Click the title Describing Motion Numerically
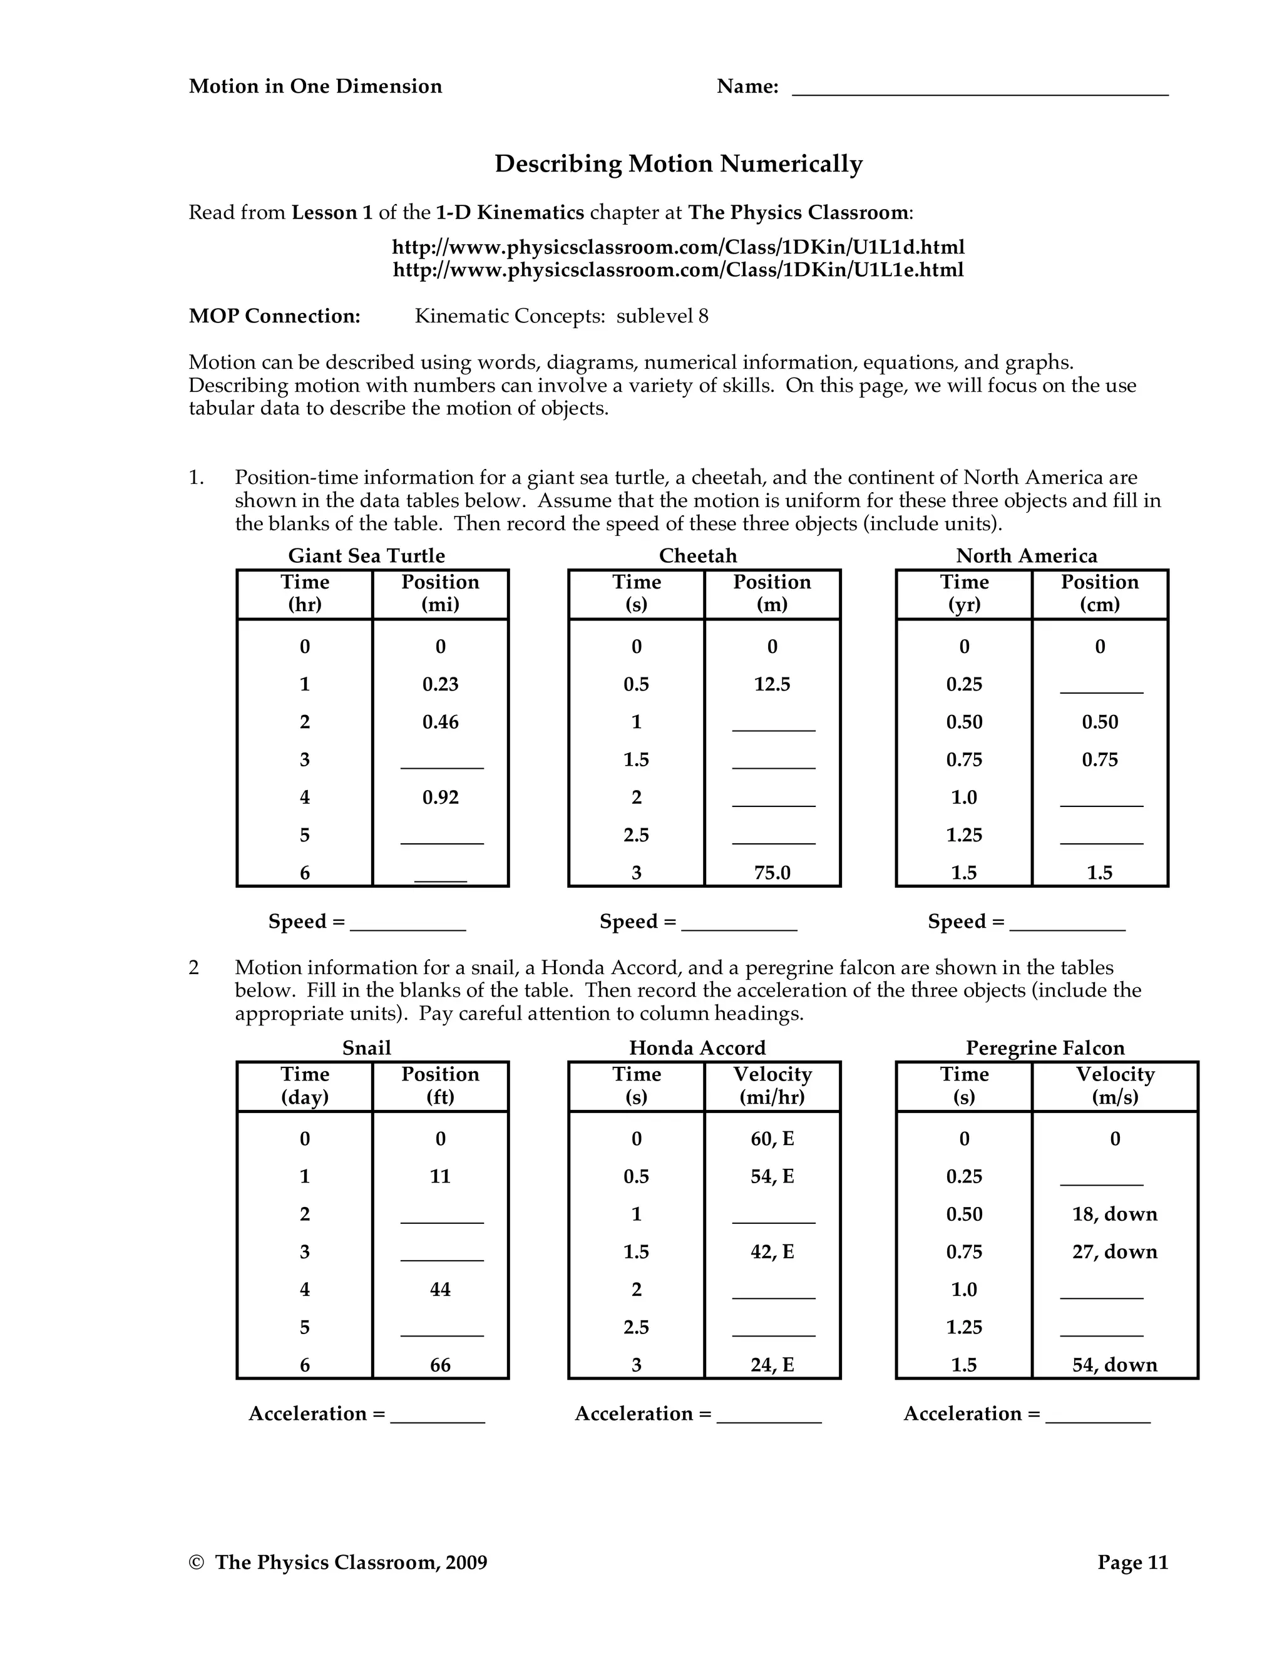[x=678, y=164]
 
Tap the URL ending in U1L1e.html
[x=678, y=270]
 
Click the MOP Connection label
[x=274, y=316]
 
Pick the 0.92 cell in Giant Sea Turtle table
[x=441, y=798]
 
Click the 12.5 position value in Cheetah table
[x=772, y=684]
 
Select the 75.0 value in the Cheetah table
[x=772, y=873]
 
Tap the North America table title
[x=1026, y=556]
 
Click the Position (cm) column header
[x=1099, y=593]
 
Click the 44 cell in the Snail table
[x=441, y=1290]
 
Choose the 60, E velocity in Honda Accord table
[x=772, y=1139]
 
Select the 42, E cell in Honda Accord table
[x=772, y=1252]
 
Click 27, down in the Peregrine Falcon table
[x=1114, y=1252]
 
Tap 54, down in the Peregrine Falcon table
[x=1114, y=1365]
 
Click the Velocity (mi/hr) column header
[x=772, y=1086]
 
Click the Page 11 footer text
[x=1132, y=1563]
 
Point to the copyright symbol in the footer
[x=197, y=1563]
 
